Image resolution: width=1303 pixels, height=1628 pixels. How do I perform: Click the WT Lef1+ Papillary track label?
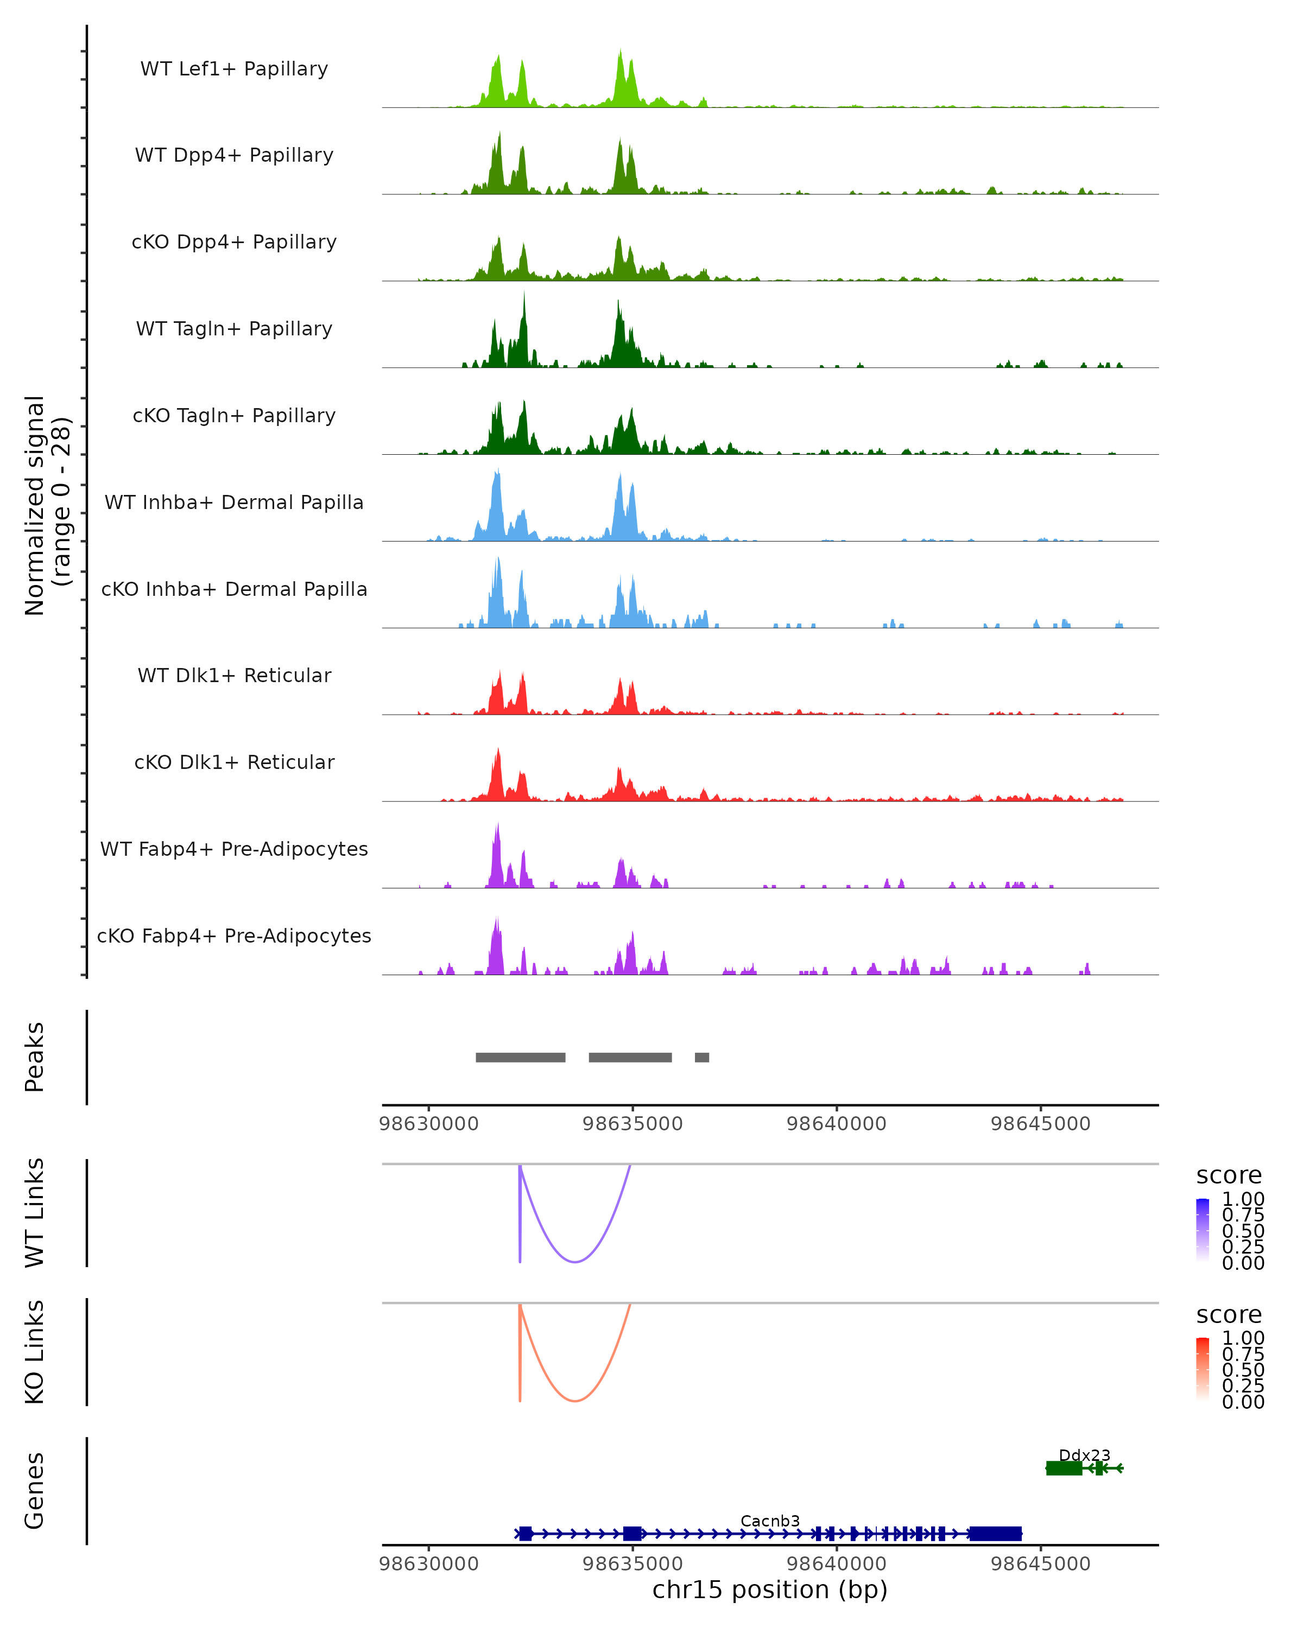(x=234, y=69)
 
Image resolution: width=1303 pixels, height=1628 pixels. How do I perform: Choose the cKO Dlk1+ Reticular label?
(x=234, y=762)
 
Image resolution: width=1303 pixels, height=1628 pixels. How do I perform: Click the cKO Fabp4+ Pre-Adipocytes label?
(x=234, y=936)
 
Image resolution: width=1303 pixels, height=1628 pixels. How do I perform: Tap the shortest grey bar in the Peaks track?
(x=702, y=1057)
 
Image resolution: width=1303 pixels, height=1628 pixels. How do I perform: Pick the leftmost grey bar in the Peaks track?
(x=521, y=1057)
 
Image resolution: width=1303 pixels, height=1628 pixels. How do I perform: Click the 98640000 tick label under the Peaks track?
(x=836, y=1124)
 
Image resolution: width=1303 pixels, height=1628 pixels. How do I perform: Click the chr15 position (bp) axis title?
(x=770, y=1590)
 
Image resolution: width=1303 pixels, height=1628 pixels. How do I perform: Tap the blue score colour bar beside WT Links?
(x=1203, y=1229)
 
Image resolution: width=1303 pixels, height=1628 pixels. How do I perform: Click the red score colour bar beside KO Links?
(x=1203, y=1368)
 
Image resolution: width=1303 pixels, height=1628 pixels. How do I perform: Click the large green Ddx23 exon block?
(x=1064, y=1468)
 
